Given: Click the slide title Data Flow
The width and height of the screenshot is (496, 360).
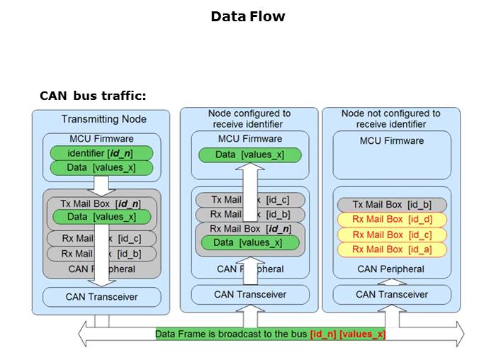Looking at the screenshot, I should [x=247, y=16].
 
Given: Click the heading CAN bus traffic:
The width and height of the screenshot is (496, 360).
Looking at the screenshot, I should [x=93, y=96].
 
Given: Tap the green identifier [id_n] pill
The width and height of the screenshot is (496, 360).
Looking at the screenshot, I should [x=101, y=153].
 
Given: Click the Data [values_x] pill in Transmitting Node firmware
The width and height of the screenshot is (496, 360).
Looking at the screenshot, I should [x=101, y=168].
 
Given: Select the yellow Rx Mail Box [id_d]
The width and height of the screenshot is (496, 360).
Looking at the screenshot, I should [x=391, y=220].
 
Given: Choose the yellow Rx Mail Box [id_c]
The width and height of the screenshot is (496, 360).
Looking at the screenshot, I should [x=391, y=235].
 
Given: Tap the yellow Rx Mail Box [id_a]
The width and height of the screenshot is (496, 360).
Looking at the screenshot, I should [x=391, y=249].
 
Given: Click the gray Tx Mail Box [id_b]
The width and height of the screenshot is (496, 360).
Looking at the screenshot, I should [x=391, y=205].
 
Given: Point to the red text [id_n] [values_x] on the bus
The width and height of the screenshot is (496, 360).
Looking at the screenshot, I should [x=347, y=334].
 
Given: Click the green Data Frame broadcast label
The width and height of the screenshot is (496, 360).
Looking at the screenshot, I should [x=232, y=334].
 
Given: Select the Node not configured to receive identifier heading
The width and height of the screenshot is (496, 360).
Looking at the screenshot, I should [x=390, y=118].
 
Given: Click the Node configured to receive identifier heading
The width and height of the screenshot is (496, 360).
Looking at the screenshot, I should [x=249, y=118].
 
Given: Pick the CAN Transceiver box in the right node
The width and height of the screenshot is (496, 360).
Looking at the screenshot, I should [x=392, y=294].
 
